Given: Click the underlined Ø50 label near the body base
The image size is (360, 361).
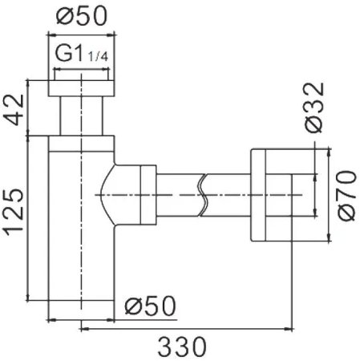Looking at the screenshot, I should click(x=151, y=305).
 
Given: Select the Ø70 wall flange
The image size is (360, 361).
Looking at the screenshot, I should click(x=269, y=193).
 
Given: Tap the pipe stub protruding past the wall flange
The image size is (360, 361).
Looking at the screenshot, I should click(x=296, y=194).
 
